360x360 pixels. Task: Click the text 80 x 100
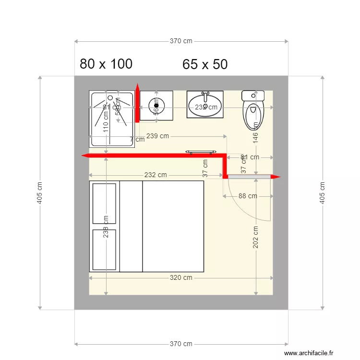pyautogui.click(x=106, y=64)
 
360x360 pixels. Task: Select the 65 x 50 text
pyautogui.click(x=205, y=65)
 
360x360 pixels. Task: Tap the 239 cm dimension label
pyautogui.click(x=157, y=136)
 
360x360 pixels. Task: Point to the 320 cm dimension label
pyautogui.click(x=181, y=277)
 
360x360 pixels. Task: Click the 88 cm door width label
pyautogui.click(x=247, y=196)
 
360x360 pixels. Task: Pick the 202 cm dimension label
pyautogui.click(x=256, y=237)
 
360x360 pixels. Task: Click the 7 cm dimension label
pyautogui.click(x=137, y=140)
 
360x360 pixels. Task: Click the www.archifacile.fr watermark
pyautogui.click(x=308, y=353)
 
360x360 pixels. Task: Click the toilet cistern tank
pyautogui.click(x=253, y=96)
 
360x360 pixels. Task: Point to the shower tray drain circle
pyautogui.click(x=110, y=98)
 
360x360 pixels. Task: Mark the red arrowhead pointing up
pyautogui.click(x=137, y=87)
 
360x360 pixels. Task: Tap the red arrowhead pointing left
pyautogui.click(x=85, y=156)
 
